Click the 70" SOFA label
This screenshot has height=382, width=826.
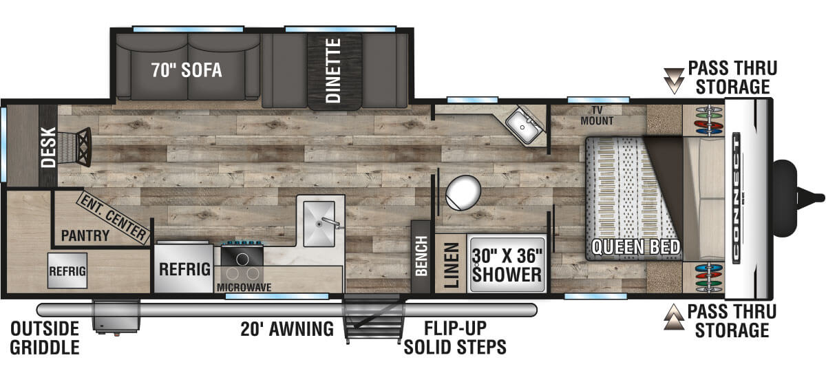tap(187, 70)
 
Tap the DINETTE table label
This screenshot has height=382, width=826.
tap(334, 70)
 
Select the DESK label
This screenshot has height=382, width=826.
tap(48, 147)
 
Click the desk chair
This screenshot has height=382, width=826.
tap(75, 147)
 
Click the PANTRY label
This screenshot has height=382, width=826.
tap(85, 235)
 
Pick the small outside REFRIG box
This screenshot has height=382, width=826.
tap(67, 270)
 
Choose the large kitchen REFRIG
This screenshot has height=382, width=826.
tap(184, 269)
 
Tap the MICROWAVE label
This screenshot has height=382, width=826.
tap(244, 287)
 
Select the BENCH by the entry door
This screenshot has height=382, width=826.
tap(421, 257)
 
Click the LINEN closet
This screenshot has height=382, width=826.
tap(451, 264)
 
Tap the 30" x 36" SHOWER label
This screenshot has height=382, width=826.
tap(507, 266)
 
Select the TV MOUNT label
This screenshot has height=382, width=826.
tap(597, 116)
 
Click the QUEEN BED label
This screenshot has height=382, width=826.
tap(635, 247)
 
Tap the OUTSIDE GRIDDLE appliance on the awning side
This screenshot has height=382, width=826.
tap(116, 317)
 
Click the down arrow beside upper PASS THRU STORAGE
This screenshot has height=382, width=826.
tap(674, 81)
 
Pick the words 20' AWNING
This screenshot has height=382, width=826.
tap(287, 329)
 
